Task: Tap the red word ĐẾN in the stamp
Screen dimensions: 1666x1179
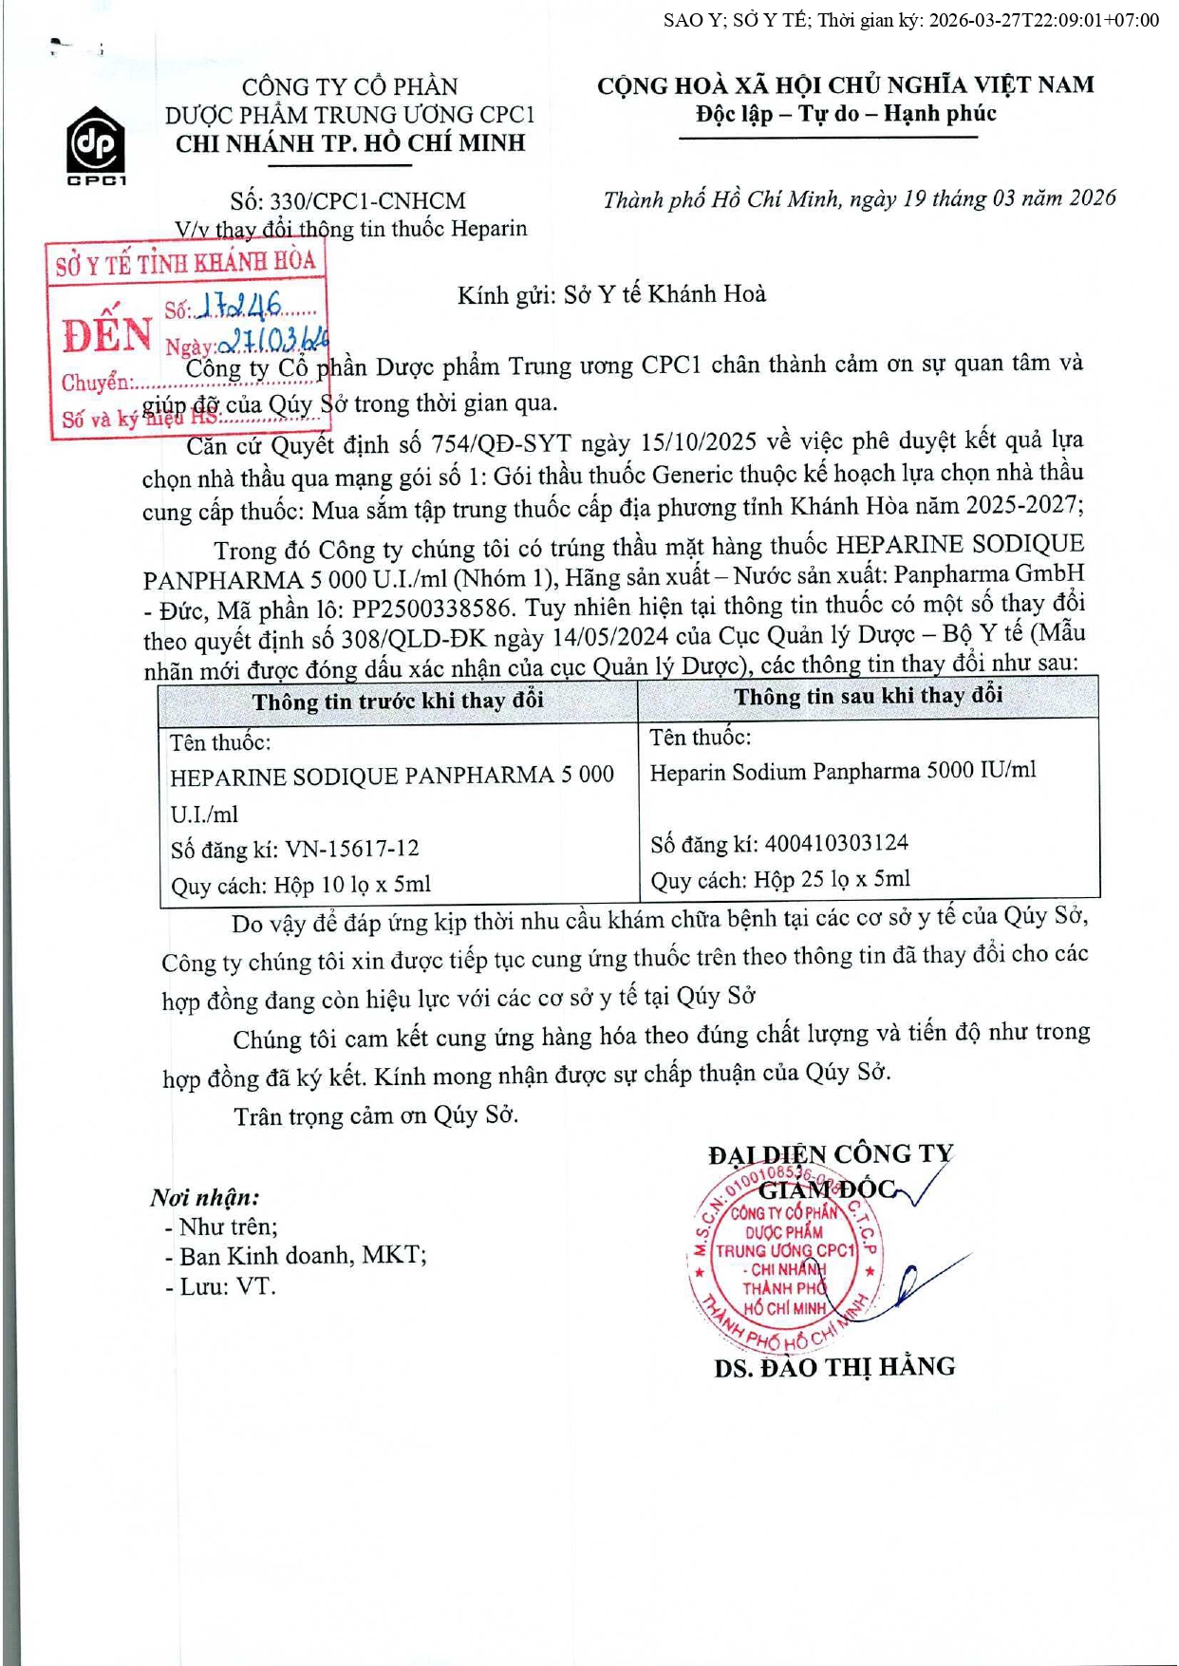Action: coord(106,335)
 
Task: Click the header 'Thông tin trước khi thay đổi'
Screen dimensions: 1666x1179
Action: coord(398,701)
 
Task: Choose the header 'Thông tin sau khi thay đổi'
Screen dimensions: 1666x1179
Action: coord(868,696)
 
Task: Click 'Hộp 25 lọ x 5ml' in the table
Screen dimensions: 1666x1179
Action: coord(832,879)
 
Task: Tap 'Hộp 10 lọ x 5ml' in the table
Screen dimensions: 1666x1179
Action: coord(352,885)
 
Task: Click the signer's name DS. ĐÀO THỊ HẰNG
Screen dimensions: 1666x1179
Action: coord(834,1367)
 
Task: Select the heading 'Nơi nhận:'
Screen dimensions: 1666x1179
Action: coord(204,1198)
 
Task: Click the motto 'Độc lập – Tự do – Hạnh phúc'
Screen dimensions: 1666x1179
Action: coord(846,114)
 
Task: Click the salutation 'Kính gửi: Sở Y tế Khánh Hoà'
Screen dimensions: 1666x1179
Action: coord(611,294)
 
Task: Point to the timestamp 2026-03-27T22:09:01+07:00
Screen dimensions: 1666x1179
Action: coord(1043,20)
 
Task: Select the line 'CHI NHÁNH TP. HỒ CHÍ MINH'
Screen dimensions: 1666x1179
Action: coord(350,143)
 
